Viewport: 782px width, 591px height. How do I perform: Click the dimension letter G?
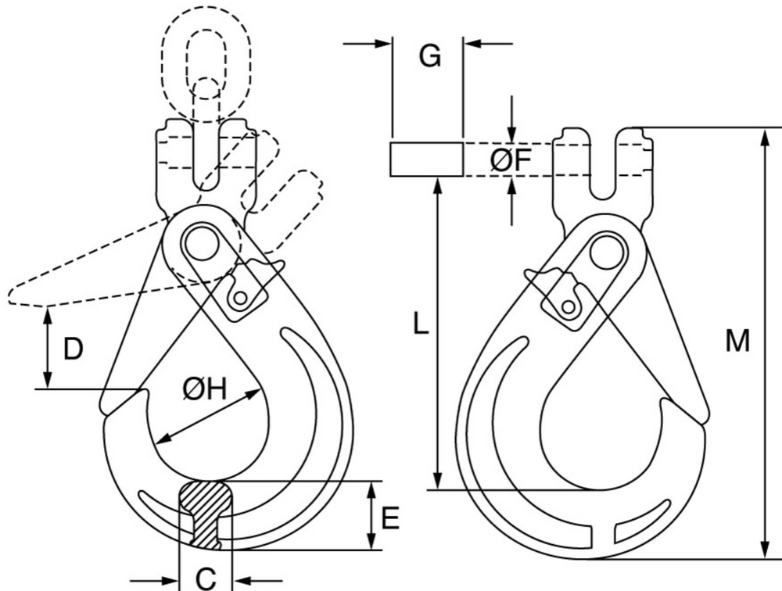pos(429,56)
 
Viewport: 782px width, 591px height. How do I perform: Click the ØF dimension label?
pos(510,160)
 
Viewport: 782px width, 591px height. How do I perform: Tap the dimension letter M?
pos(737,341)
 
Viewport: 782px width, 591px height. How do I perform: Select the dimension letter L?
pos(421,324)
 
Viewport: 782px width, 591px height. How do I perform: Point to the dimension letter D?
pos(73,349)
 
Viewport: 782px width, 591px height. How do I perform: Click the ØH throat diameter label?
pos(204,388)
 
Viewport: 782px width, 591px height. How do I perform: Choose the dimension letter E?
pos(390,518)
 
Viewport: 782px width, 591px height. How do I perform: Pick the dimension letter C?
pos(205,578)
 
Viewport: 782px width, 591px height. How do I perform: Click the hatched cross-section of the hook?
pos(206,513)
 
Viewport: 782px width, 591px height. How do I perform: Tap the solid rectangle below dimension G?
pos(427,159)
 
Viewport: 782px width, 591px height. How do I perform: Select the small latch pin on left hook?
pos(242,297)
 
